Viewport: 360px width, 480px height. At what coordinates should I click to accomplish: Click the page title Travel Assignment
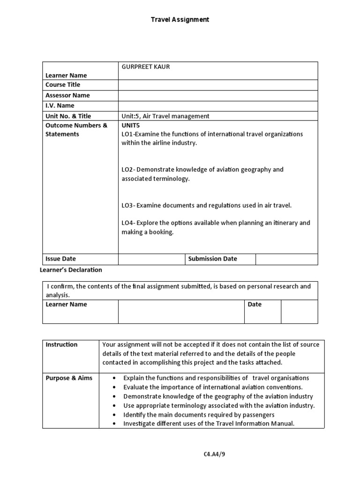tap(180, 20)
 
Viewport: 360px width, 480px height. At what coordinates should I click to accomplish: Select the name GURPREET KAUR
tap(145, 67)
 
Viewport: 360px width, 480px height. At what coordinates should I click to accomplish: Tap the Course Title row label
tap(63, 85)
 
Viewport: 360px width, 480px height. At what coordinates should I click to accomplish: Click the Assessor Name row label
tap(67, 95)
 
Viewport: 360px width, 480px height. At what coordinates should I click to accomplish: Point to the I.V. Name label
tap(60, 105)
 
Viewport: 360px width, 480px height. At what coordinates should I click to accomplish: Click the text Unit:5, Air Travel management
tap(165, 116)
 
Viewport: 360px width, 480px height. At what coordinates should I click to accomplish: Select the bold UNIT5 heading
tap(131, 126)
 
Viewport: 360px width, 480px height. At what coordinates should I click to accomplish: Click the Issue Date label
tap(60, 259)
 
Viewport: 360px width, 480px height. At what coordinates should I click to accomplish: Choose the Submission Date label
tap(212, 259)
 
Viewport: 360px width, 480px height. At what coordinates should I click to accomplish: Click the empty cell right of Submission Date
tap(286, 259)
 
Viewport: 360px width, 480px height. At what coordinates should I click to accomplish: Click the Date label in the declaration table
tap(255, 305)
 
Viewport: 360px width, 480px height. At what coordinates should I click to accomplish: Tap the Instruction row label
tap(61, 345)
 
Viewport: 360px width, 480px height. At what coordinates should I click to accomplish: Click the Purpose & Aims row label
tap(69, 378)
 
